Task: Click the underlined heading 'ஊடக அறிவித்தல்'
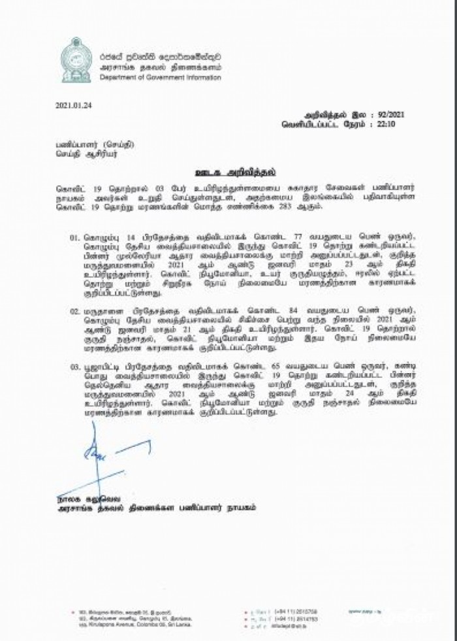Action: point(229,174)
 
